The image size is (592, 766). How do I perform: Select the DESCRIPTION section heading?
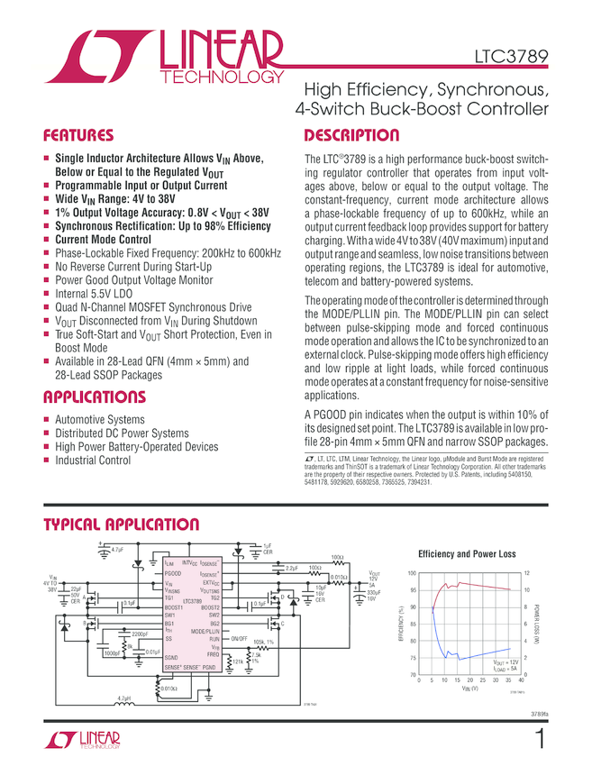tap(351, 136)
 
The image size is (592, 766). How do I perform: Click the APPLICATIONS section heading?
tap(94, 397)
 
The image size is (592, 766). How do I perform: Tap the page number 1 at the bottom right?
tap(540, 740)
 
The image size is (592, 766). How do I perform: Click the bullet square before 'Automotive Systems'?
tap(46, 420)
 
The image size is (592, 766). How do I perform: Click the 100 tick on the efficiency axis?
tap(412, 574)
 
